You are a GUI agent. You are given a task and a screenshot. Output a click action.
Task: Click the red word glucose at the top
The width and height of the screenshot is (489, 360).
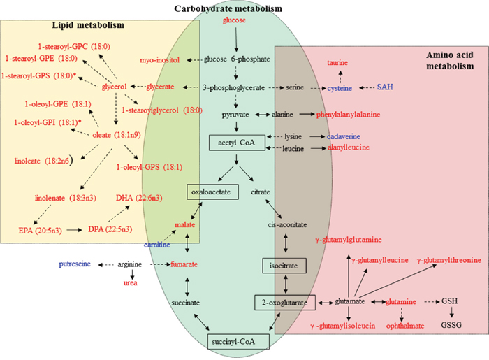point(235,20)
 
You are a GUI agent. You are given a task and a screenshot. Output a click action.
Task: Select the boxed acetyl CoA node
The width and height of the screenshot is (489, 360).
point(238,143)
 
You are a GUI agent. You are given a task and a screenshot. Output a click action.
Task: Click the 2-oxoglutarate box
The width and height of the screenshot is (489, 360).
point(285,302)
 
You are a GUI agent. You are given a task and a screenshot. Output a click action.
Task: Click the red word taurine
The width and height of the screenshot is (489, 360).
point(340,62)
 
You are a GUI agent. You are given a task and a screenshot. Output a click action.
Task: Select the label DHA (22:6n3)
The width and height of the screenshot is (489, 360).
point(141,199)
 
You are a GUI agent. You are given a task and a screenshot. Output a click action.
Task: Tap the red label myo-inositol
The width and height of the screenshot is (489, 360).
point(160,60)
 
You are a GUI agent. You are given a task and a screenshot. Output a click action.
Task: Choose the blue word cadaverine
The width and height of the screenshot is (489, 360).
point(346,136)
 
